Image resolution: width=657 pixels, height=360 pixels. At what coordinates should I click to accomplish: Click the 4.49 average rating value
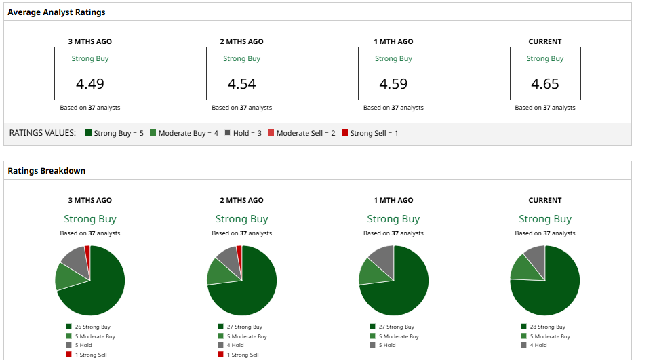(x=90, y=84)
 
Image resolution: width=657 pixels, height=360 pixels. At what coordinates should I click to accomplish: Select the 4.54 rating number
(x=241, y=84)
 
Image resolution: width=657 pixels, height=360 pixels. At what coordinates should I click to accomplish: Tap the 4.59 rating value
(x=393, y=84)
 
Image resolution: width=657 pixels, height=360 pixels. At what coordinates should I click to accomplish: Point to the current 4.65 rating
(x=545, y=84)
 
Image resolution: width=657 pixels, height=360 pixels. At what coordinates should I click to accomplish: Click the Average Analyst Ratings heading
(x=56, y=12)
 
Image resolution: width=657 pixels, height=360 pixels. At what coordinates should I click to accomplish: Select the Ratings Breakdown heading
(x=46, y=171)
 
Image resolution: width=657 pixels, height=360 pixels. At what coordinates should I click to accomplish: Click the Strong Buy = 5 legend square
(x=88, y=133)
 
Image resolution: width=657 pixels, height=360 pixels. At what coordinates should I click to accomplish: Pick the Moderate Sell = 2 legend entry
(x=301, y=133)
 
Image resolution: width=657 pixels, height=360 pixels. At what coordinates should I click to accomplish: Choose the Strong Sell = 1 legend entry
(x=370, y=133)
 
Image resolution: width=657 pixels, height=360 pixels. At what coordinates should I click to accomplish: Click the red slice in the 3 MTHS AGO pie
(x=87, y=252)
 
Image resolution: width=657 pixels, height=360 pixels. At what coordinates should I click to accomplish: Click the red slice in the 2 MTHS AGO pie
(x=239, y=252)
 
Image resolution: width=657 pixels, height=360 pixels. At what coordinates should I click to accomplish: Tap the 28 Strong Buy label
(x=546, y=327)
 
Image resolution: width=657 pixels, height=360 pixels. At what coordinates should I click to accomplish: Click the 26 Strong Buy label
(x=92, y=327)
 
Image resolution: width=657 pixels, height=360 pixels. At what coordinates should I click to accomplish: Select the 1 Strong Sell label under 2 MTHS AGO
(x=242, y=355)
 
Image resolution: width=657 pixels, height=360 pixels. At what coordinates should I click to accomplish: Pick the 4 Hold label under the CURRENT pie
(x=538, y=345)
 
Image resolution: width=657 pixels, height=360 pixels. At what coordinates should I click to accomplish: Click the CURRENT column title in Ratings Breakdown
(x=545, y=200)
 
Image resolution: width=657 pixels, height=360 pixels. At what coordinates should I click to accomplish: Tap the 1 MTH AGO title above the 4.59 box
(x=393, y=41)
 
